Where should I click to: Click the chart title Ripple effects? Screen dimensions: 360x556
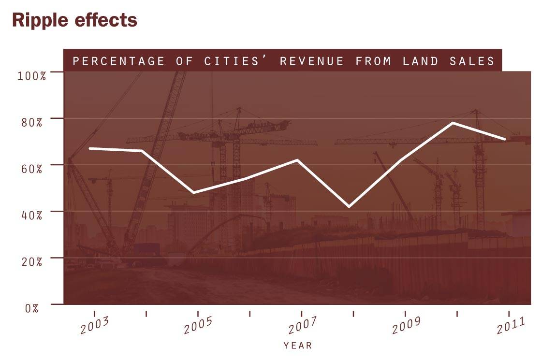pyautogui.click(x=74, y=20)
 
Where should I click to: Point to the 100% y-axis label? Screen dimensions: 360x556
pyautogui.click(x=32, y=76)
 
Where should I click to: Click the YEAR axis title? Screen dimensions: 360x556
pyautogui.click(x=297, y=346)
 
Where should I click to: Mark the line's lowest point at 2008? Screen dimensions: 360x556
pyautogui.click(x=349, y=207)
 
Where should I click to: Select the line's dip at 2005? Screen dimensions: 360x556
pyautogui.click(x=194, y=193)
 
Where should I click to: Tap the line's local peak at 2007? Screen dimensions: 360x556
pyautogui.click(x=297, y=159)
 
